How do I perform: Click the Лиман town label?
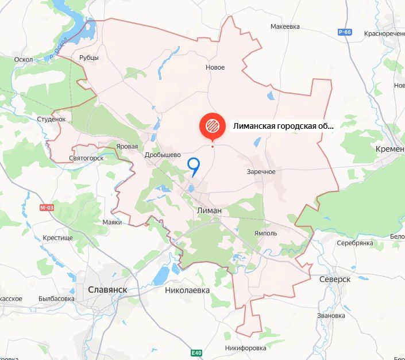pos(209,210)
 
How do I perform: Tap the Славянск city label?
pos(107,290)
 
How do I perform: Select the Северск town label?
pos(335,279)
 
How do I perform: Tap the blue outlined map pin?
pos(194,166)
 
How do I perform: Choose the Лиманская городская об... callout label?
pos(283,126)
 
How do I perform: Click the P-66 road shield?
pos(345,32)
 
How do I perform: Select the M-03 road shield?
pos(46,207)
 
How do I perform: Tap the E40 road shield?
pos(196,352)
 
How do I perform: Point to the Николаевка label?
pos(187,290)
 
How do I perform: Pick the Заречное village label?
pos(261,171)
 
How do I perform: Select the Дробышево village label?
pos(163,154)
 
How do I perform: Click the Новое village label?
pos(215,67)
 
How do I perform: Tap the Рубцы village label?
pos(89,58)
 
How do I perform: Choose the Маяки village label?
pos(113,221)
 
